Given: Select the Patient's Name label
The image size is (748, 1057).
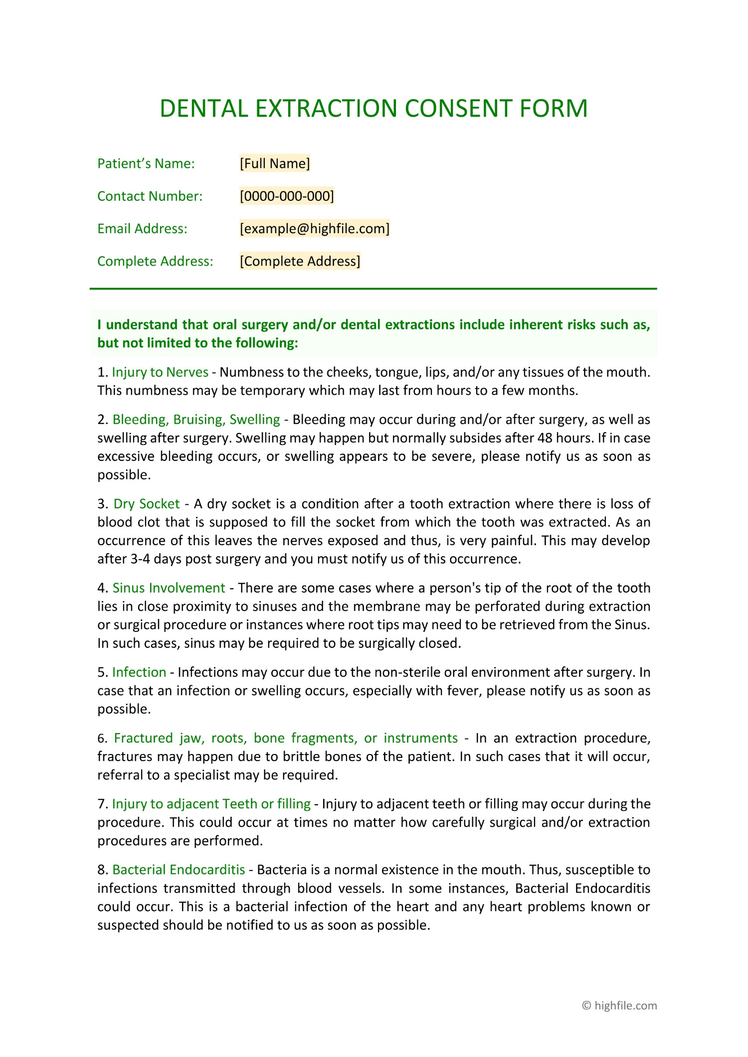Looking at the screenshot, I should (x=146, y=163).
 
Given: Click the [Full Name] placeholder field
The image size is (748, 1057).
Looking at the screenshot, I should (x=275, y=163).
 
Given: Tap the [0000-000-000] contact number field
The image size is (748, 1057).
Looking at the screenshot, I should (x=287, y=196).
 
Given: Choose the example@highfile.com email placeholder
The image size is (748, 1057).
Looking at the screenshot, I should (x=314, y=229).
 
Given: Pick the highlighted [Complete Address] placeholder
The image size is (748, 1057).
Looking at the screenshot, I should (x=300, y=261).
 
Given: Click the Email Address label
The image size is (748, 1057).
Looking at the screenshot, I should (x=142, y=229).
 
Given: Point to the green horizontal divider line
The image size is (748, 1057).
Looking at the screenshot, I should (x=373, y=289).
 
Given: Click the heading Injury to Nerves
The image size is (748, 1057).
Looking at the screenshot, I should (x=160, y=372).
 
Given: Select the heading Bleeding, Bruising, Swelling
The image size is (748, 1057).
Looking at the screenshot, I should (x=196, y=420).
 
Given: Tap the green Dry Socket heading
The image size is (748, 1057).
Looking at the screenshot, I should (x=146, y=504).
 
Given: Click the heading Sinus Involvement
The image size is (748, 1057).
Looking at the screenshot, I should (x=169, y=588).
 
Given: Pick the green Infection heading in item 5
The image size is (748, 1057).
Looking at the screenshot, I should (x=139, y=672).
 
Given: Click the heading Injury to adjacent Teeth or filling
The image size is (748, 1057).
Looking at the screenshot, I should (x=211, y=804).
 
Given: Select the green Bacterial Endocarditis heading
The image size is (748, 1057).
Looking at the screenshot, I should (x=179, y=870).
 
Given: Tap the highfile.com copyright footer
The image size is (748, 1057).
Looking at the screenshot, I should (x=619, y=1006).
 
